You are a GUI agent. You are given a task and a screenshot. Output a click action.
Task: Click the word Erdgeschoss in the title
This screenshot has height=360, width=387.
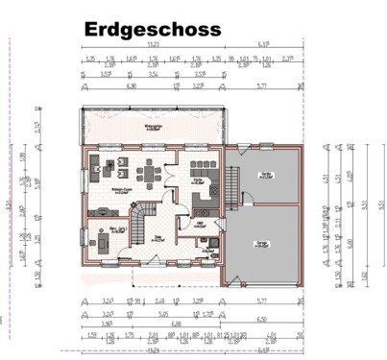click(x=152, y=30)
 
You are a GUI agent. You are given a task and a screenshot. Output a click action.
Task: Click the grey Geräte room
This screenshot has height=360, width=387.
click(x=263, y=176)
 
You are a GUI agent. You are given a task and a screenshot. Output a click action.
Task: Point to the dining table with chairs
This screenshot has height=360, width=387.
click(x=151, y=173)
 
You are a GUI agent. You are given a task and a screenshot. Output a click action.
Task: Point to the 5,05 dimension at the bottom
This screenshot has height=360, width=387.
click(x=165, y=313)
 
